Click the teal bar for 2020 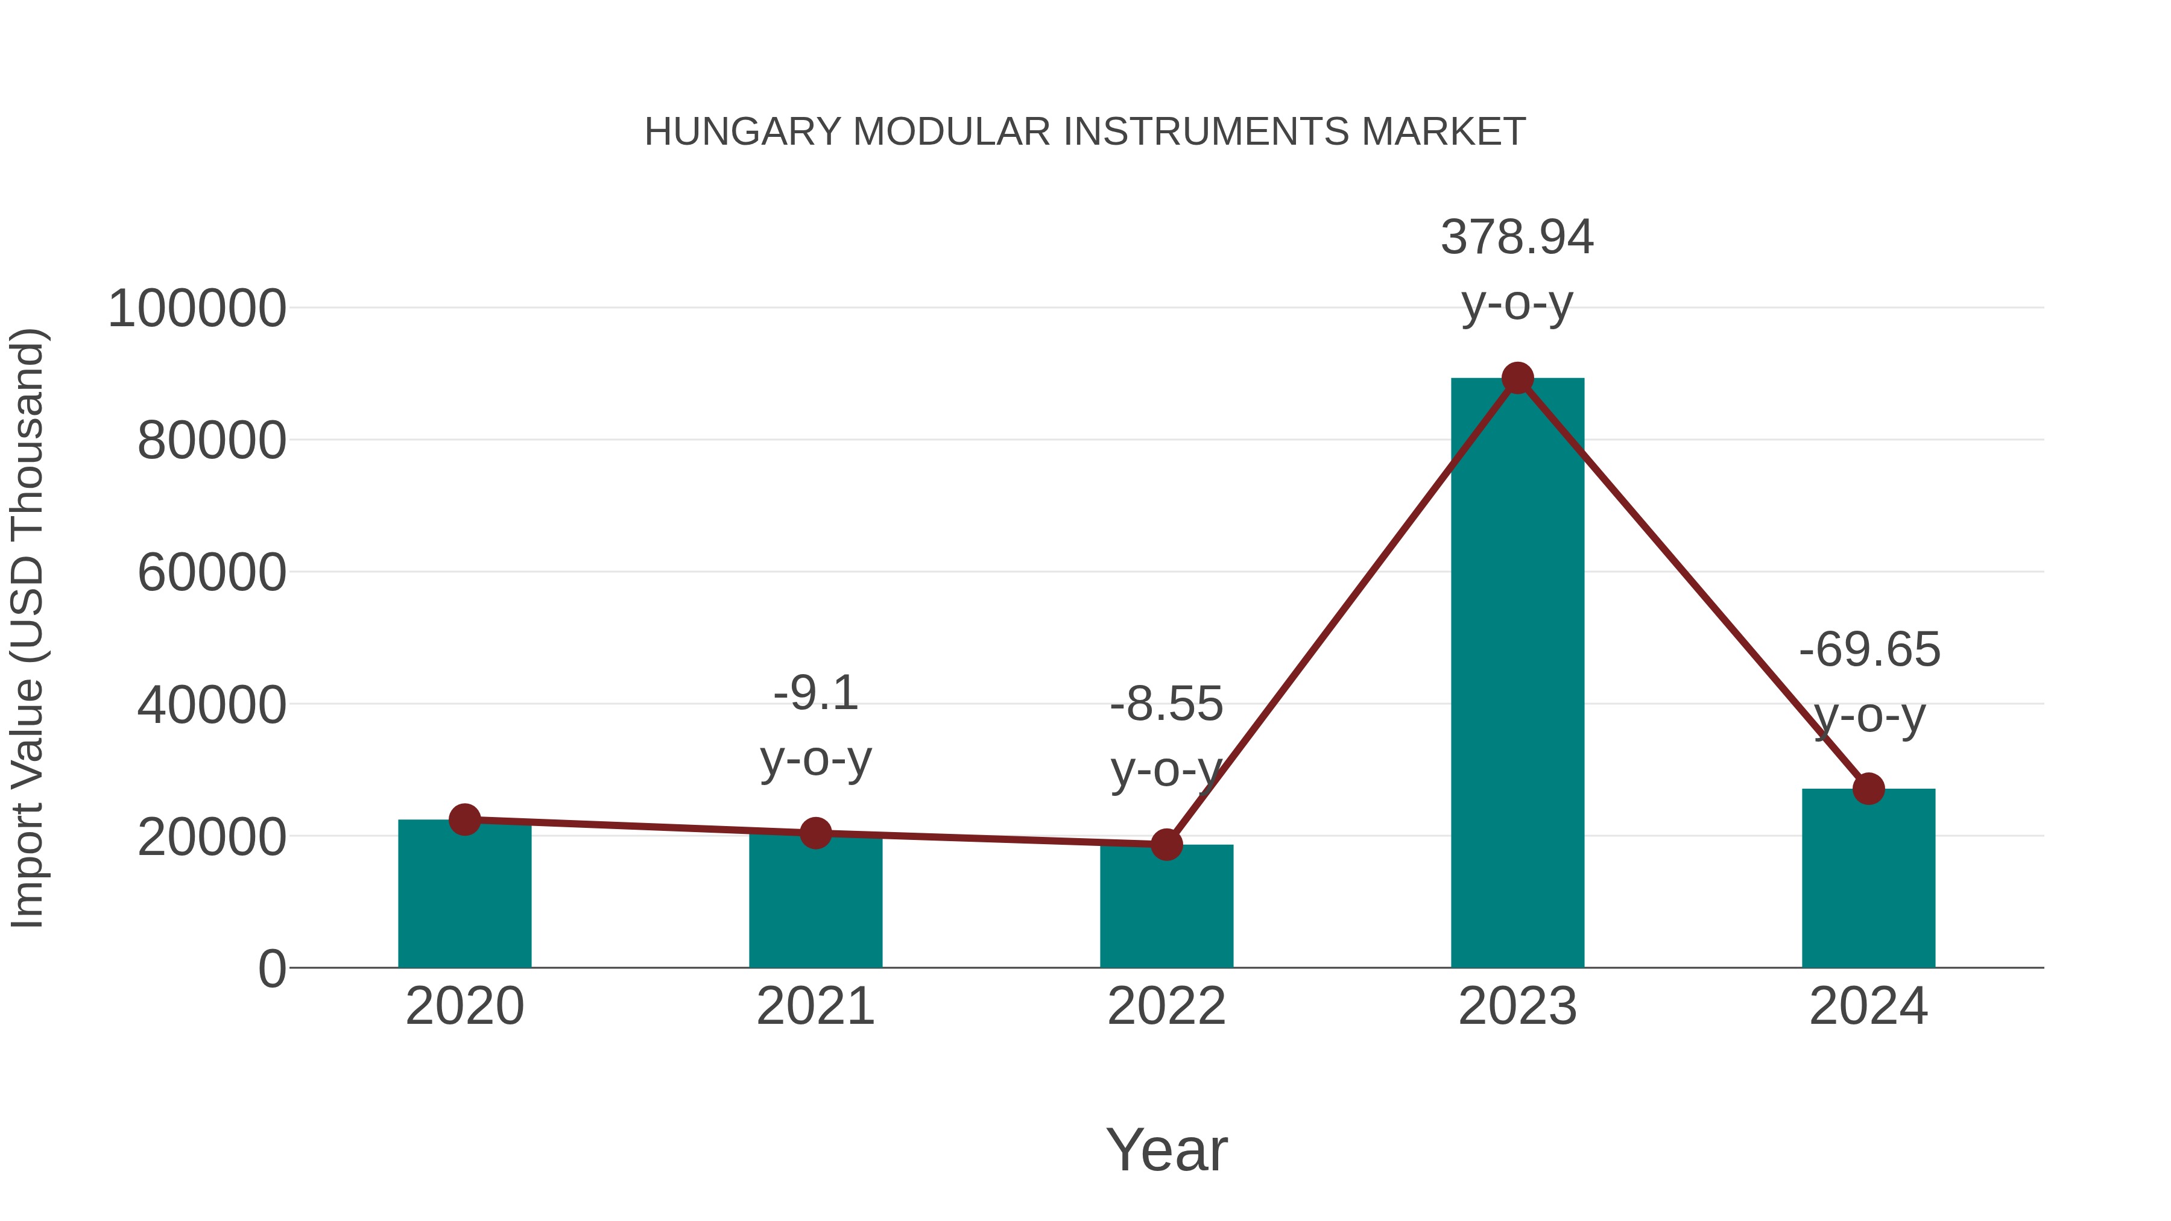[464, 897]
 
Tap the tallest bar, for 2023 [1517, 674]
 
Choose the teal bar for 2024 [1868, 880]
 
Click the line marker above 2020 [464, 819]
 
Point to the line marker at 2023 [1517, 378]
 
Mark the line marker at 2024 [1868, 789]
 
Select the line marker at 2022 [1166, 844]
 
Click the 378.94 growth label [1517, 238]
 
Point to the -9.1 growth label [815, 695]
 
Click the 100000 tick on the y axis [197, 308]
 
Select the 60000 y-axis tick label [212, 573]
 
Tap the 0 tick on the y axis [271, 969]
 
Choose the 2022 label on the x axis [1166, 1007]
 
